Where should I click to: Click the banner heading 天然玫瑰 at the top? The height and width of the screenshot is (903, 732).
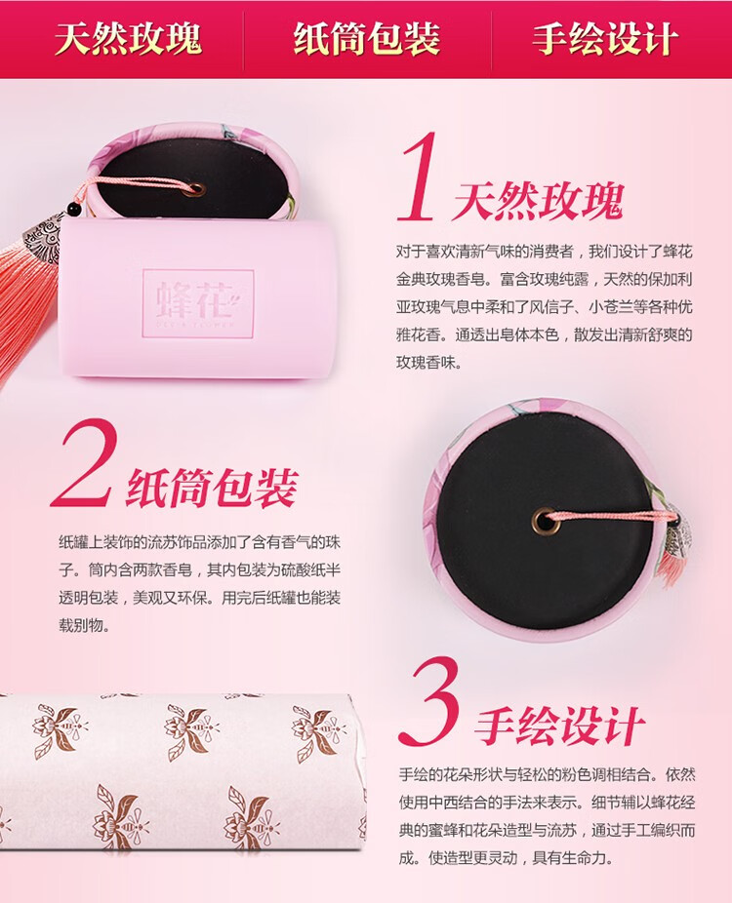[x=128, y=39]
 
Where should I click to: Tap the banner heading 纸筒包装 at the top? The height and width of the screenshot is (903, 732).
[x=367, y=39]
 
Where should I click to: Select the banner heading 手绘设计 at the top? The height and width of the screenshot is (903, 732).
[x=604, y=39]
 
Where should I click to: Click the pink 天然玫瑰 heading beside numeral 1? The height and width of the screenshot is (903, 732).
[x=539, y=202]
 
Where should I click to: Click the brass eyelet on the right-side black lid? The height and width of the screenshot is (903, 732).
[x=543, y=522]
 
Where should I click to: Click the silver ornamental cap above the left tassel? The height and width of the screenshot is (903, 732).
[x=42, y=234]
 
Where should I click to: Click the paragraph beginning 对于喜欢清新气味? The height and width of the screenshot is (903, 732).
[x=544, y=307]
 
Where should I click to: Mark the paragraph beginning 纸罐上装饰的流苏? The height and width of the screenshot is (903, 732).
[x=199, y=583]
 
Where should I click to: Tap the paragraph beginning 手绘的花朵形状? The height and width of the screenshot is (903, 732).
[x=547, y=815]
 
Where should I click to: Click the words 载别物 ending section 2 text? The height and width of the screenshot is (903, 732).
[x=84, y=625]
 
